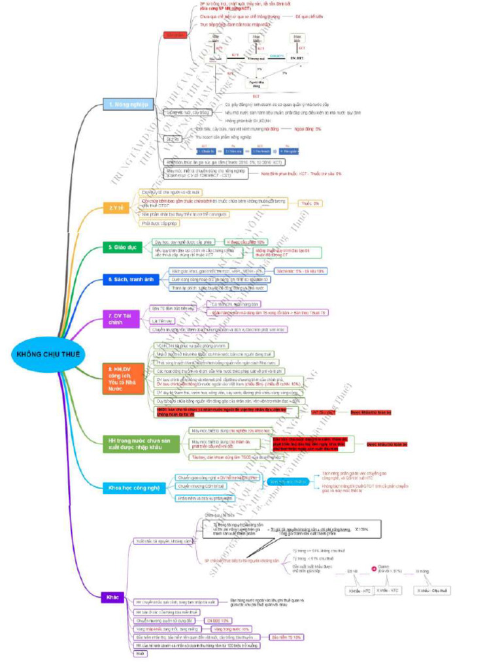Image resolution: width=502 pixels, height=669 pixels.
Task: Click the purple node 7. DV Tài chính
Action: (x=122, y=319)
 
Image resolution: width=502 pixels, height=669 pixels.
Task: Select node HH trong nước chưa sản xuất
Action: (x=142, y=445)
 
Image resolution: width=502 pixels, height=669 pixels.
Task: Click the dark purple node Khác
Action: (x=112, y=597)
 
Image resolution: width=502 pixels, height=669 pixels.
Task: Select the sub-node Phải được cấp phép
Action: (x=160, y=223)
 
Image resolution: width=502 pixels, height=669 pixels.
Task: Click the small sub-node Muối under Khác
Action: (x=140, y=653)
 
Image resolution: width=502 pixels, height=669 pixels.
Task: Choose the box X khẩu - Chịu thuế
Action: (x=433, y=591)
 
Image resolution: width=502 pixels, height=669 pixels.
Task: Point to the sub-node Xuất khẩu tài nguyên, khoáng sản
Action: (x=163, y=541)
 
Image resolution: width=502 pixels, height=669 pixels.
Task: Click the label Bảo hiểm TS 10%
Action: (x=286, y=636)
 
